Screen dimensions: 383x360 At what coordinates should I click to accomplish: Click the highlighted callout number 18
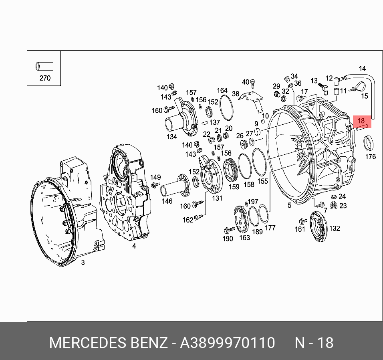361,120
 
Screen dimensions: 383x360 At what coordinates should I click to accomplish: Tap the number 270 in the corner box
45,78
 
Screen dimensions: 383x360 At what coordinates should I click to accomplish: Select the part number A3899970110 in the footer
228,343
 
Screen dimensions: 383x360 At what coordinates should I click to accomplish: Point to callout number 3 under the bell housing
83,263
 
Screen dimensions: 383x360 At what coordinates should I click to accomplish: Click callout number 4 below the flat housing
134,246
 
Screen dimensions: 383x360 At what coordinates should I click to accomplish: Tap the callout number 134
172,137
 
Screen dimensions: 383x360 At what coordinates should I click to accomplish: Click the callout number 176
371,156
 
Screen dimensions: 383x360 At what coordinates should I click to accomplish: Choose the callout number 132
335,228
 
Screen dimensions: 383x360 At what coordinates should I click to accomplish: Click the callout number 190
228,239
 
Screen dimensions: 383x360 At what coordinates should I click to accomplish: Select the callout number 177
270,228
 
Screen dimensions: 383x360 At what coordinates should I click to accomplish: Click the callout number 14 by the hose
362,69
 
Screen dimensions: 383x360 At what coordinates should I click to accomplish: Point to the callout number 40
246,82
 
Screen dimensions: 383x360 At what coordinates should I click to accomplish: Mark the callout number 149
155,178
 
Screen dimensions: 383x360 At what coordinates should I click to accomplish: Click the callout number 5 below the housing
289,206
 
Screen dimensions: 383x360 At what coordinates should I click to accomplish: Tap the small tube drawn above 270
44,65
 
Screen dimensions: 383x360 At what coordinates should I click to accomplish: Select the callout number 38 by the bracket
236,94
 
